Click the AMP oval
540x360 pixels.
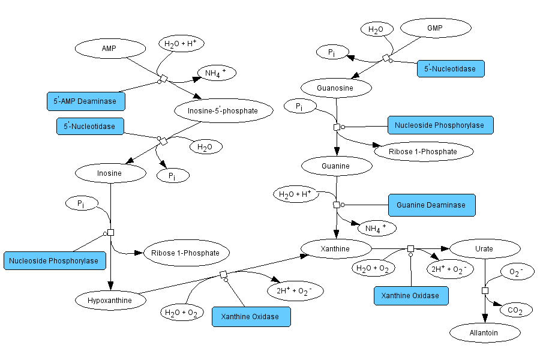(109, 48)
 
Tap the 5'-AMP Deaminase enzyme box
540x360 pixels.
(86, 101)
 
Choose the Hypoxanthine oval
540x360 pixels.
(112, 299)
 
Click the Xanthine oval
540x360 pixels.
(335, 248)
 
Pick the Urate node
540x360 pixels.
(484, 248)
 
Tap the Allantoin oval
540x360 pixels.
(484, 332)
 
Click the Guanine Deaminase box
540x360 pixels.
(431, 205)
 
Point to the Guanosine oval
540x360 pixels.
(335, 88)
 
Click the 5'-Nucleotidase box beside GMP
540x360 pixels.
(450, 68)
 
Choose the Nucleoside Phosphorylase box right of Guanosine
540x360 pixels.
(440, 125)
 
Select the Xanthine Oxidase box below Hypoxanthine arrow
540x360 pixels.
(250, 316)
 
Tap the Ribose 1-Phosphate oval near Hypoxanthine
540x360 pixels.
(185, 253)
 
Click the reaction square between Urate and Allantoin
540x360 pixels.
(485, 291)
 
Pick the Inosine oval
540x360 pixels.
(110, 173)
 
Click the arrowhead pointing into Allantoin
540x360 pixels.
(485, 319)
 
